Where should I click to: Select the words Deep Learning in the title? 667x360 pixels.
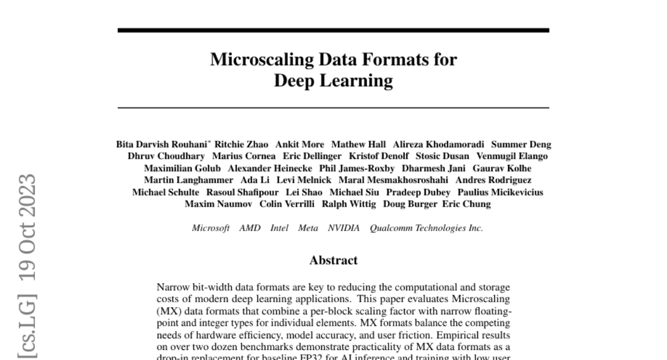pyautogui.click(x=333, y=81)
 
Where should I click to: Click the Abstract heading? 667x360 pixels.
pyautogui.click(x=333, y=260)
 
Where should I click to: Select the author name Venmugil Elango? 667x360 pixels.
pyautogui.click(x=512, y=156)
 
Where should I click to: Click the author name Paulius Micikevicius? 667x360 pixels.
pyautogui.click(x=500, y=192)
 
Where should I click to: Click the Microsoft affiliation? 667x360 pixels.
pyautogui.click(x=211, y=228)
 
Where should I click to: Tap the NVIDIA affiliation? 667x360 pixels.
pyautogui.click(x=344, y=228)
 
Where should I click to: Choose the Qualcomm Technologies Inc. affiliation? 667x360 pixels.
pyautogui.click(x=426, y=228)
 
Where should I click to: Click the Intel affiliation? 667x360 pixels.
pyautogui.click(x=279, y=228)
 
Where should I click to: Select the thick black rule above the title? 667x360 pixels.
pyautogui.click(x=333, y=30)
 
